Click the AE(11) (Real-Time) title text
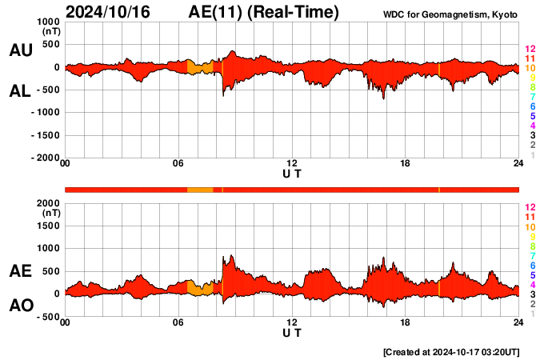point(264,12)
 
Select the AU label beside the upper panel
point(20,50)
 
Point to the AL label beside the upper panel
point(20,91)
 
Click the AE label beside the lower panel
point(20,271)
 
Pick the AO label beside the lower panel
point(20,306)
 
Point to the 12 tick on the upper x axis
point(292,163)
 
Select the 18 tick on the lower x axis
point(406,322)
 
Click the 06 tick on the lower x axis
point(178,322)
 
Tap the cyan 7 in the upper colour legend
point(531,97)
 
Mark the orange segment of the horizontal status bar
point(200,190)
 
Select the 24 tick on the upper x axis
point(518,163)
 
